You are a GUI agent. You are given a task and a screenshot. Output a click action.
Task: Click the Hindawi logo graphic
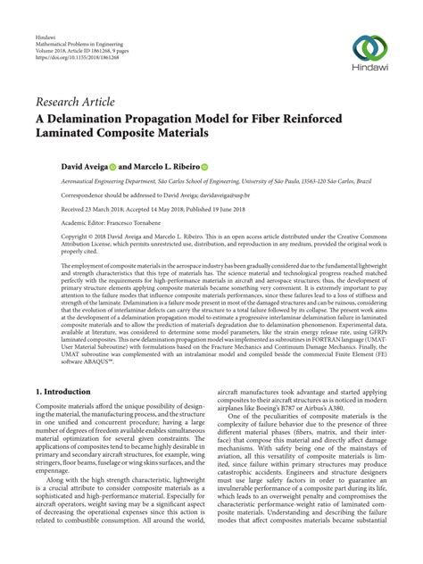(369, 47)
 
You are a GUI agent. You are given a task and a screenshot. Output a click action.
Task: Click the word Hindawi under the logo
(369, 70)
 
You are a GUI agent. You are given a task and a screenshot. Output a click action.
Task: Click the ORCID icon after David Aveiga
(98, 166)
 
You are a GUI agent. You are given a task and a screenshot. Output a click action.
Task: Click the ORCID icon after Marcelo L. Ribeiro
(205, 166)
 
